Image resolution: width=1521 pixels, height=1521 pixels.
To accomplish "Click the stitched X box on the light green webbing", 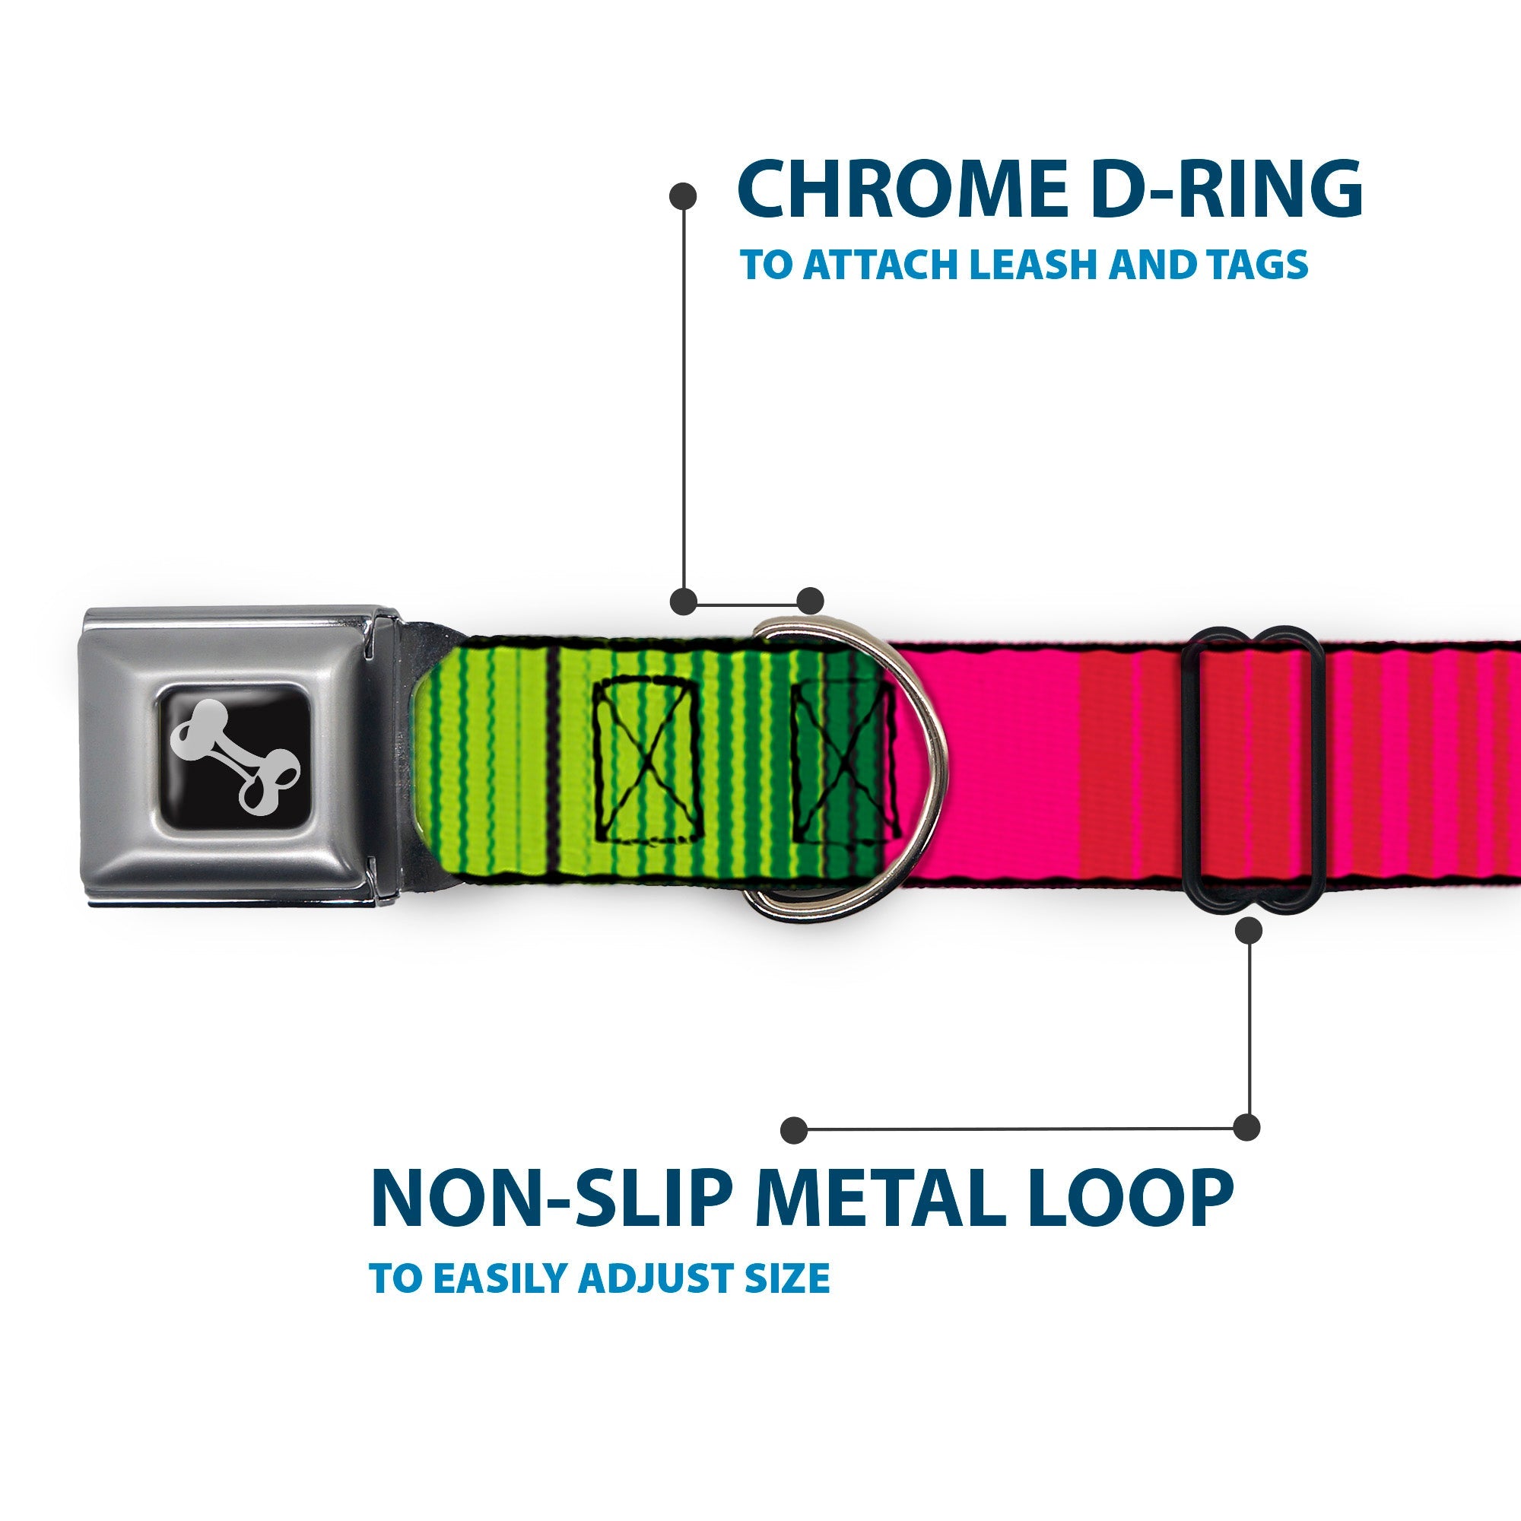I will pos(646,760).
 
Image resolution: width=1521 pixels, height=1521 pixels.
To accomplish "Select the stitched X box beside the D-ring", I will pos(843,760).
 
